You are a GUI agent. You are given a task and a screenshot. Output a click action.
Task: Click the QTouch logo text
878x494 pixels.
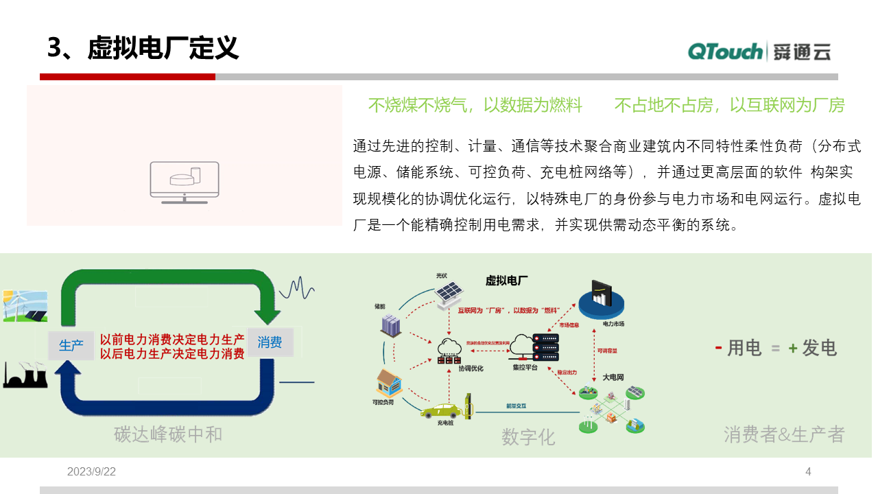725,51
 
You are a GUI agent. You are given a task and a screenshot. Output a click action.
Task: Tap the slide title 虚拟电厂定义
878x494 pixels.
163,49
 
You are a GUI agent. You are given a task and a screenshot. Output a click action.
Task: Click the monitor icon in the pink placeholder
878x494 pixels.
185,182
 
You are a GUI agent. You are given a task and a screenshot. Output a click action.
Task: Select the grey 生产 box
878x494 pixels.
71,345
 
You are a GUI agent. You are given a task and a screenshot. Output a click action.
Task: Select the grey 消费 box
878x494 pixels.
270,342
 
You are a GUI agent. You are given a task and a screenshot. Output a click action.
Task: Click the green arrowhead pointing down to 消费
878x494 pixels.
268,314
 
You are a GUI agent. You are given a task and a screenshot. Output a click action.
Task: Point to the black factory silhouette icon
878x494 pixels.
25,376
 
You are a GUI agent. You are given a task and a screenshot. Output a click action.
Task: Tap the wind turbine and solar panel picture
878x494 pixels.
25,305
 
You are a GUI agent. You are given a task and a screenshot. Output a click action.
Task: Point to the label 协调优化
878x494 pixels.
471,368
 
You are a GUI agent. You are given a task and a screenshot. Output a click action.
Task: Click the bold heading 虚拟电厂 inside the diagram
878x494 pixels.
506,280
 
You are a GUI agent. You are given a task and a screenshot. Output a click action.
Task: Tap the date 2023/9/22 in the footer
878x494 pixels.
91,471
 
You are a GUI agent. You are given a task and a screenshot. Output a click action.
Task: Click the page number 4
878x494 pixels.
808,471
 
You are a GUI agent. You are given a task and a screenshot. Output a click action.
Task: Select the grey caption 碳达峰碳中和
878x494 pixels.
168,434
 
